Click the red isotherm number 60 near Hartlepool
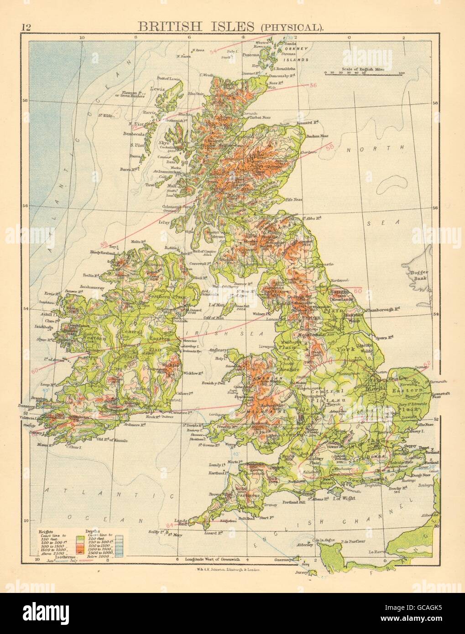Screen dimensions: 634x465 357,291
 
